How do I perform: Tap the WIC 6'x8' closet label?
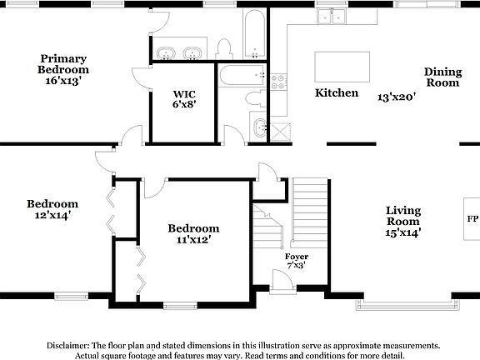(x=183, y=99)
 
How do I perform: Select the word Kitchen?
(x=337, y=93)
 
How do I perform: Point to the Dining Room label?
(x=442, y=77)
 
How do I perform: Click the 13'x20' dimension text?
(x=396, y=97)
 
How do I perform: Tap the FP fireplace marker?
(x=472, y=218)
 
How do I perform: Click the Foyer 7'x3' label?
(x=296, y=261)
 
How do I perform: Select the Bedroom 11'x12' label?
(x=193, y=234)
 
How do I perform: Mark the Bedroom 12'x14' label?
(x=52, y=209)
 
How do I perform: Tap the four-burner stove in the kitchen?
(x=277, y=82)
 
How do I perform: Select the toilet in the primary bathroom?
(x=223, y=47)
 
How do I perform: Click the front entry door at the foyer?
(x=282, y=283)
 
